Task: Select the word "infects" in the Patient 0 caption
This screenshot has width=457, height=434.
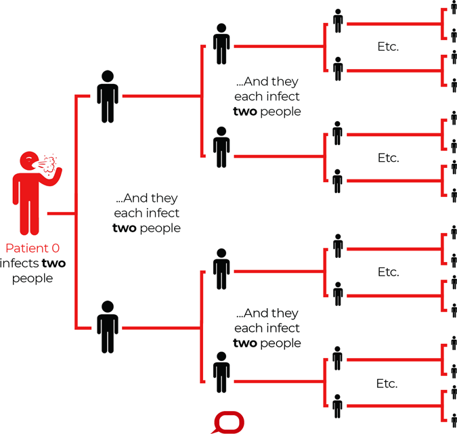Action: [20, 263]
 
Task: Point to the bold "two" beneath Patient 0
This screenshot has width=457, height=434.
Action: [55, 263]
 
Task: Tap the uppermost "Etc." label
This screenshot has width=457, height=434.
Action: [388, 47]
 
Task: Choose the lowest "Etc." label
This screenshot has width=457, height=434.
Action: [388, 383]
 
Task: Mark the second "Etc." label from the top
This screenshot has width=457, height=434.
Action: [388, 158]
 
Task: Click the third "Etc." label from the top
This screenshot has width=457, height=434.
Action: [388, 272]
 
